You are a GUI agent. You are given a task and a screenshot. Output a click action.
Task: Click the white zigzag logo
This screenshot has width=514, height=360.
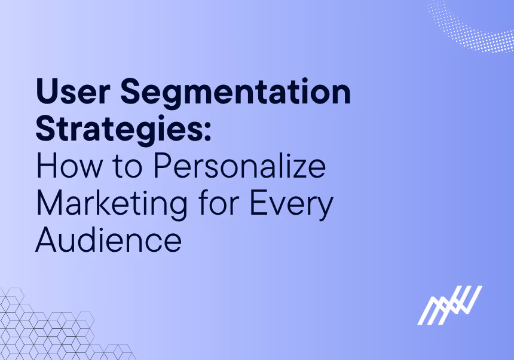[449, 305]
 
